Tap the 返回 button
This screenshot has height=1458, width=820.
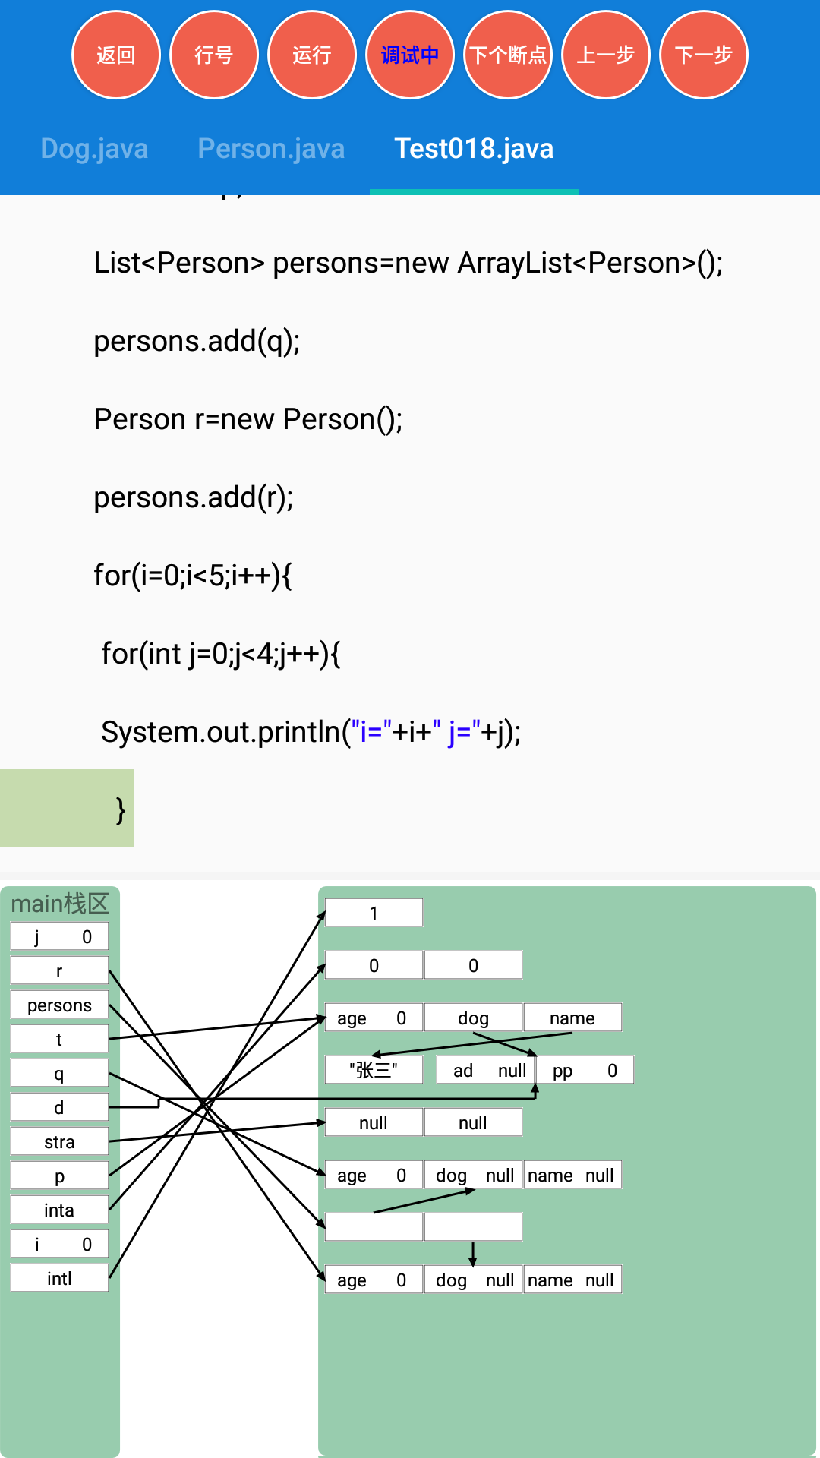coord(116,55)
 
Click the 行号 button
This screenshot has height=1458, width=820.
coord(214,55)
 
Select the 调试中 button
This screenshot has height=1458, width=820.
coord(410,55)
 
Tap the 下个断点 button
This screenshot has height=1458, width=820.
coord(508,55)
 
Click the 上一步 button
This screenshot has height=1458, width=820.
coord(606,55)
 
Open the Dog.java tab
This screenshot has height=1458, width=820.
coord(94,149)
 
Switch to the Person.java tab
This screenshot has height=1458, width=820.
coord(271,149)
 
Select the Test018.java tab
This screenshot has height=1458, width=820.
coord(474,149)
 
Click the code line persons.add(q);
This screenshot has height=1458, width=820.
coord(197,341)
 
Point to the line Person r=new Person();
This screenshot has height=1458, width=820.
coord(248,419)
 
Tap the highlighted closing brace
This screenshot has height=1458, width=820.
coord(120,809)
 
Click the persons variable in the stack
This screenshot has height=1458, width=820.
coord(59,1005)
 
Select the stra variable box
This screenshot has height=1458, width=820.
coord(59,1141)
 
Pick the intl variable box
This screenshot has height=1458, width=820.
coord(59,1278)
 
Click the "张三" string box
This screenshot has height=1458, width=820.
coord(374,1070)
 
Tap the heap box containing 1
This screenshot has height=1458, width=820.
coord(374,913)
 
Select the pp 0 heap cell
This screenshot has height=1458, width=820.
coord(585,1070)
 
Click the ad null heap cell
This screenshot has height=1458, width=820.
coord(486,1070)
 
